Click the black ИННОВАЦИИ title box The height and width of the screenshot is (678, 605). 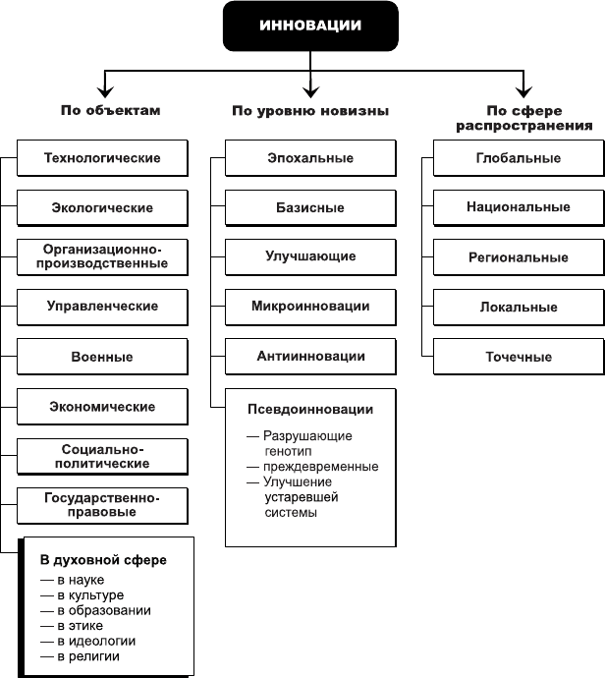click(x=310, y=26)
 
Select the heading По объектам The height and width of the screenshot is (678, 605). click(x=111, y=110)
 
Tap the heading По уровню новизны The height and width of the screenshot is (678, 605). click(x=310, y=111)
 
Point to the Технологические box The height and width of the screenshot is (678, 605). click(x=102, y=158)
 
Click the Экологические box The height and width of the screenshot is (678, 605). click(x=102, y=207)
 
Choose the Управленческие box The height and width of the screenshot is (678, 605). click(x=102, y=307)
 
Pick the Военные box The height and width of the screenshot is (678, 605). click(x=102, y=357)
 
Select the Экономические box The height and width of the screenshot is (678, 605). click(x=102, y=407)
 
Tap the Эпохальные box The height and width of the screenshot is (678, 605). click(x=310, y=158)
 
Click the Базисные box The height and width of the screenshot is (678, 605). click(x=310, y=207)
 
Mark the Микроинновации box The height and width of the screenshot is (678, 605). click(x=310, y=307)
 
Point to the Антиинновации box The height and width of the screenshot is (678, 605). click(x=310, y=357)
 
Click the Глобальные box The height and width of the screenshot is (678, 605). click(x=519, y=158)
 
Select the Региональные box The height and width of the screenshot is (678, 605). click(x=519, y=257)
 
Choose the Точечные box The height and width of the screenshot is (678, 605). click(x=519, y=357)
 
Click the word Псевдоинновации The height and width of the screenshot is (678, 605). click(x=310, y=410)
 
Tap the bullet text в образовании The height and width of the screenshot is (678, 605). click(x=104, y=610)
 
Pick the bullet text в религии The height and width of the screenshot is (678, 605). click(x=88, y=656)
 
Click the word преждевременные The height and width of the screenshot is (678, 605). click(x=320, y=467)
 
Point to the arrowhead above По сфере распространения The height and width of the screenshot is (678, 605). click(x=523, y=91)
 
